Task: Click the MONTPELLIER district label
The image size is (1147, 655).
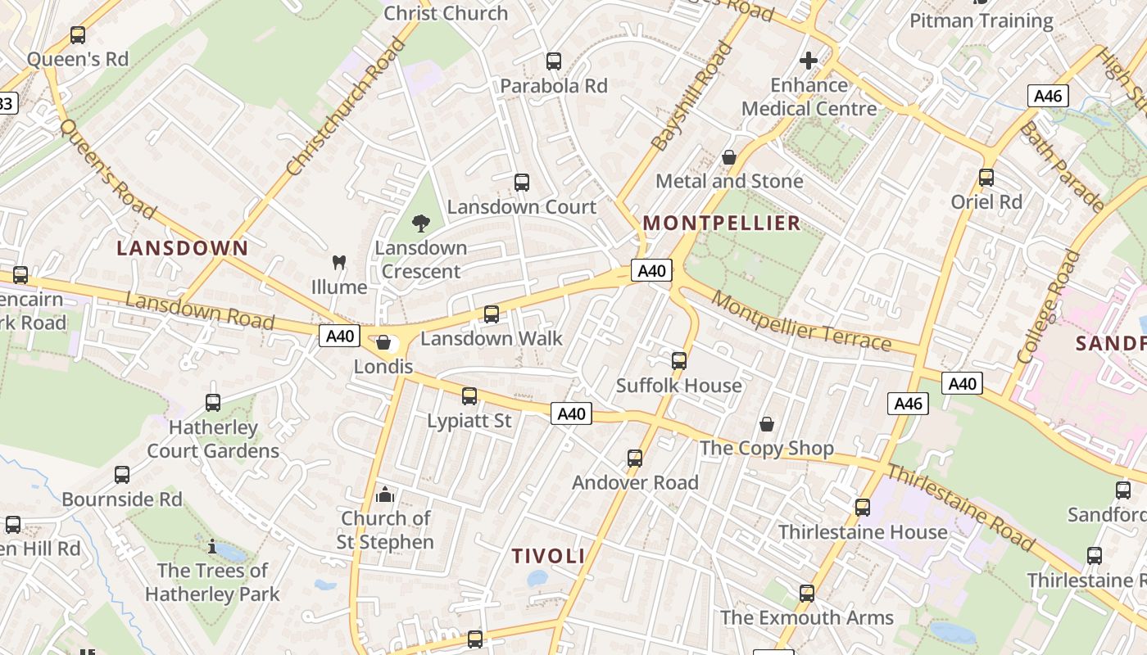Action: pyautogui.click(x=721, y=223)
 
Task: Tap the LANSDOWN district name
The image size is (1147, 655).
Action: pyautogui.click(x=182, y=248)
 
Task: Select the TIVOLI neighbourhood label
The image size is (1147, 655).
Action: pyautogui.click(x=548, y=556)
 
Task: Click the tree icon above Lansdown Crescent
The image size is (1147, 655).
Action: pyautogui.click(x=421, y=223)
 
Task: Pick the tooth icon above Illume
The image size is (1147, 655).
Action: pyautogui.click(x=338, y=263)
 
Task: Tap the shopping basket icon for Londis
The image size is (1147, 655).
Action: pyautogui.click(x=383, y=342)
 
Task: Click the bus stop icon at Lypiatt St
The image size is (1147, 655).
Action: pyautogui.click(x=469, y=396)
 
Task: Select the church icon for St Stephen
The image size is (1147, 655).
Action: pyautogui.click(x=384, y=495)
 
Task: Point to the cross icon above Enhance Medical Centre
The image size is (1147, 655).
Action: pyautogui.click(x=809, y=61)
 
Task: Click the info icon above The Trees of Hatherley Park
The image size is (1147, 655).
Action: pyautogui.click(x=212, y=546)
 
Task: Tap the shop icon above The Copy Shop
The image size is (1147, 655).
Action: pyautogui.click(x=767, y=424)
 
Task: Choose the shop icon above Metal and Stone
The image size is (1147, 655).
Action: pyautogui.click(x=729, y=157)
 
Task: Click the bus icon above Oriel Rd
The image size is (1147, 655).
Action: pyautogui.click(x=986, y=177)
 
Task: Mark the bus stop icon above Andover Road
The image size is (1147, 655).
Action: pyautogui.click(x=635, y=458)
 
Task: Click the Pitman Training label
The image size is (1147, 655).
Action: pyautogui.click(x=982, y=20)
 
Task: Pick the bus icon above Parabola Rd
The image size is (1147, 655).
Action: pyautogui.click(x=554, y=61)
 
